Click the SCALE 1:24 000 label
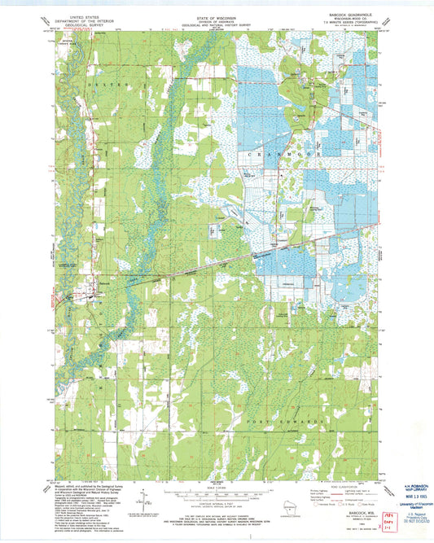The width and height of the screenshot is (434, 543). pyautogui.click(x=217, y=487)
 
